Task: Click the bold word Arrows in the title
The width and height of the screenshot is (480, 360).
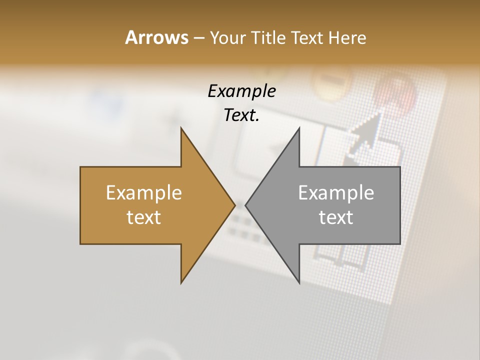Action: pyautogui.click(x=156, y=37)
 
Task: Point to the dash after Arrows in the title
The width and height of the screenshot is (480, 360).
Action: pyautogui.click(x=198, y=38)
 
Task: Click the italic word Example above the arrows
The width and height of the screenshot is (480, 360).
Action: pyautogui.click(x=242, y=91)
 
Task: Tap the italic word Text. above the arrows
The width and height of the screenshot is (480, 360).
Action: pyautogui.click(x=242, y=115)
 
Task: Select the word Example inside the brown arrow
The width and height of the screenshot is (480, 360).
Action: pyautogui.click(x=144, y=192)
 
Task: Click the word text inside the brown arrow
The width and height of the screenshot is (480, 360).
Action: pyautogui.click(x=144, y=217)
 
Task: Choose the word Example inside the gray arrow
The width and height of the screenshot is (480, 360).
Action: pyautogui.click(x=336, y=192)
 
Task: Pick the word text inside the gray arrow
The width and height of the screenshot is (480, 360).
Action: pyautogui.click(x=336, y=217)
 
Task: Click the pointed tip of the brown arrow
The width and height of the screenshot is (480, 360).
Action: pyautogui.click(x=234, y=205)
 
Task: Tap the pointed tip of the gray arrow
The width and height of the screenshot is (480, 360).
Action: pyautogui.click(x=245, y=205)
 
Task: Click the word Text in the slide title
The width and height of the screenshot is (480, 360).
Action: pyautogui.click(x=308, y=37)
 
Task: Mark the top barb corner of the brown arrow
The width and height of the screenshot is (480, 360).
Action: pyautogui.click(x=181, y=128)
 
